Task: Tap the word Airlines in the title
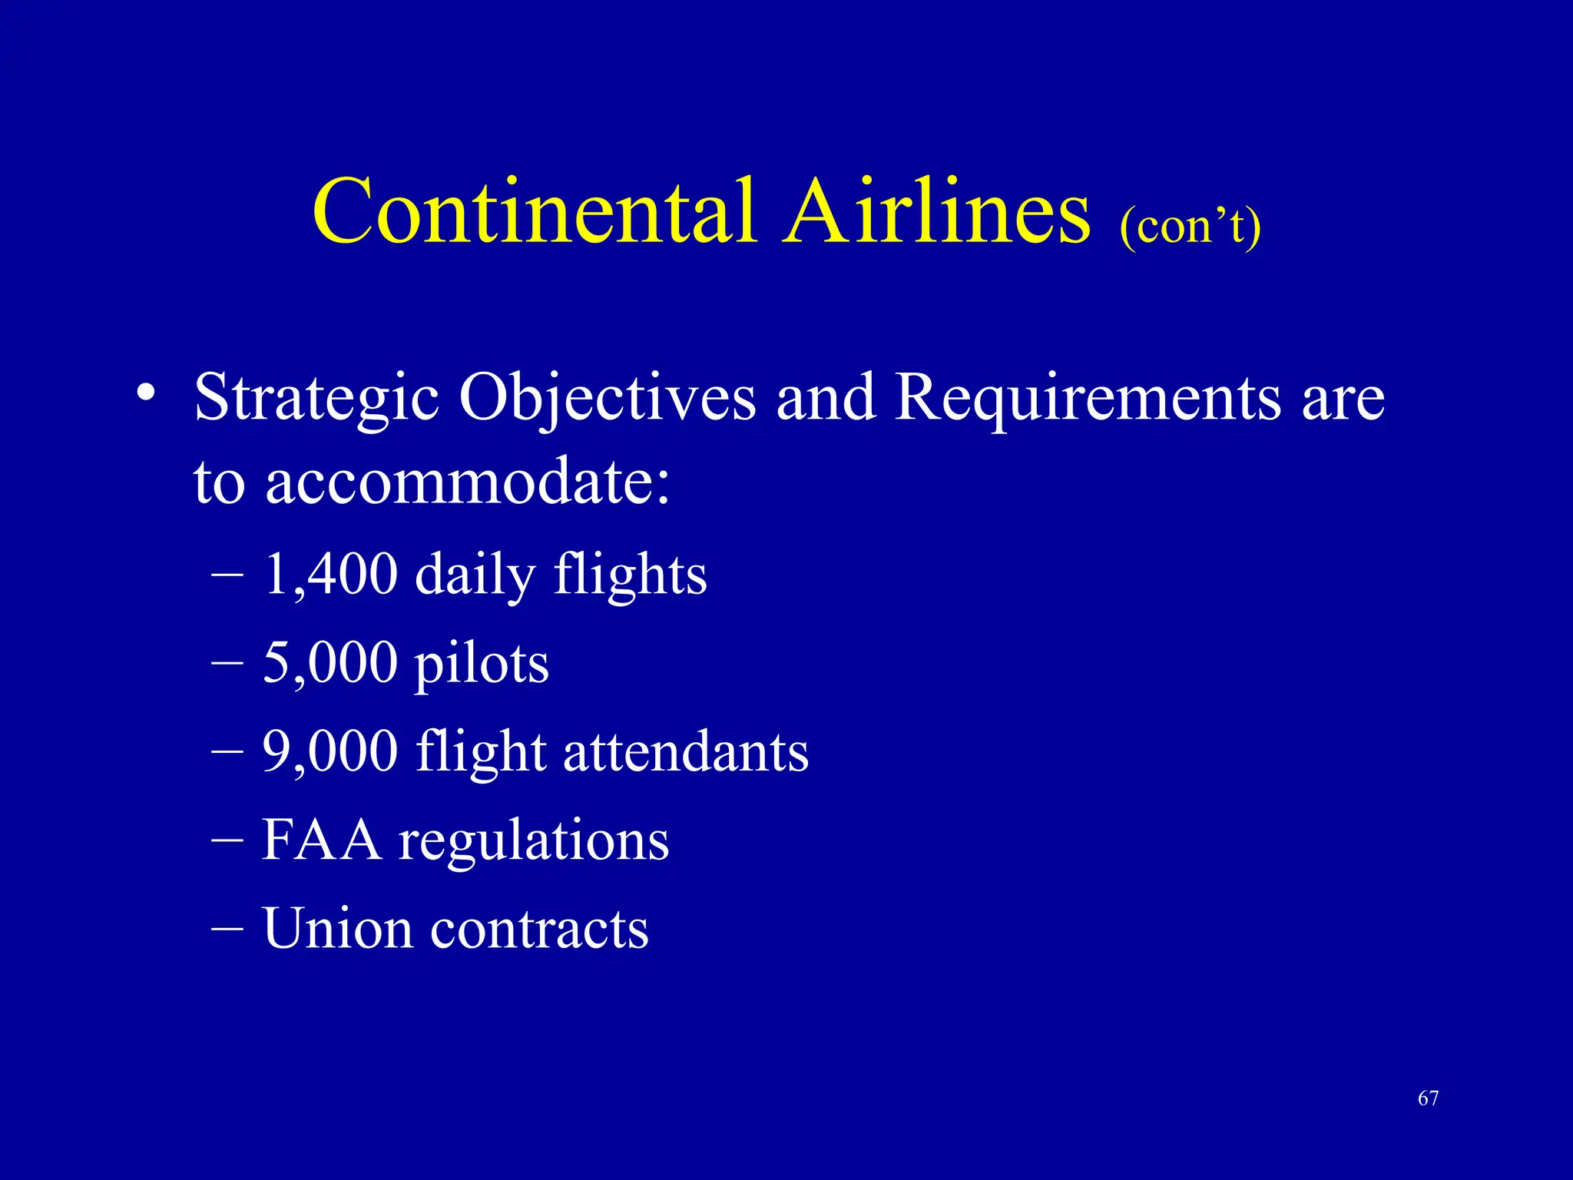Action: [936, 211]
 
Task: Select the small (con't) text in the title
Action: [1190, 226]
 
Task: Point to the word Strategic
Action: [316, 399]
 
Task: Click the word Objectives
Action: [607, 399]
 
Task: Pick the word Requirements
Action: [1088, 399]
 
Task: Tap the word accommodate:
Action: [467, 482]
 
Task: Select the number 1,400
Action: [330, 575]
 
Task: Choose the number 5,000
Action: [330, 662]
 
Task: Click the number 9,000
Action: [330, 751]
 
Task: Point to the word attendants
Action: [685, 751]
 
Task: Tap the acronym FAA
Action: [321, 840]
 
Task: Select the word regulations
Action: [533, 843]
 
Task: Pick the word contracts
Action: [539, 930]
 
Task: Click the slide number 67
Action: [1428, 1099]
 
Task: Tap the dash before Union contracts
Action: [227, 928]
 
